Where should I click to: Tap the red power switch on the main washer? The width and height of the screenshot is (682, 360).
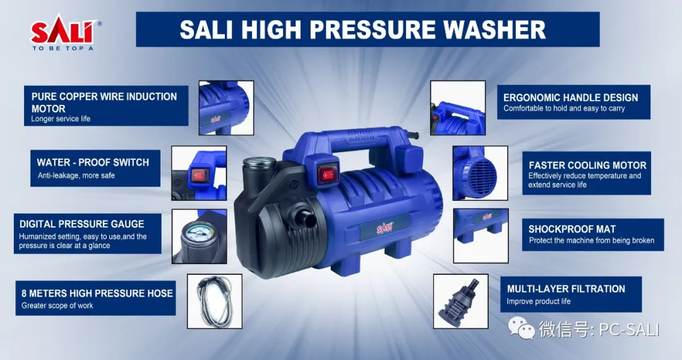[328, 175]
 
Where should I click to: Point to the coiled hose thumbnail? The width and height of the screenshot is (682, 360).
[215, 301]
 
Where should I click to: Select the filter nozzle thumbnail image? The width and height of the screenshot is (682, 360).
[460, 301]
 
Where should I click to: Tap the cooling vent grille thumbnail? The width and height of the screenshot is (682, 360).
[480, 173]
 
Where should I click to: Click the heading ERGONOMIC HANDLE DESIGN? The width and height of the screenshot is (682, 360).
[571, 97]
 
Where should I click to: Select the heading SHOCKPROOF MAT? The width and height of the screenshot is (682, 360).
[572, 229]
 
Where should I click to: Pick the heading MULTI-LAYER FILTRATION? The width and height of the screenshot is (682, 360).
[566, 289]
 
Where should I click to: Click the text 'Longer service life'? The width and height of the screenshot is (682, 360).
[61, 119]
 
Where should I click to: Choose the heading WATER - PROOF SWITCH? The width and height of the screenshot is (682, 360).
[93, 162]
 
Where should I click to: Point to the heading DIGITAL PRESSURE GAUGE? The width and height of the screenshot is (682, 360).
[81, 224]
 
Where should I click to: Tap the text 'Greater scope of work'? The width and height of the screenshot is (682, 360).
[57, 305]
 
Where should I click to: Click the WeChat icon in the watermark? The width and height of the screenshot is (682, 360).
[521, 328]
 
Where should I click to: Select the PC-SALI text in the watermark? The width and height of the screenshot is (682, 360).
[629, 329]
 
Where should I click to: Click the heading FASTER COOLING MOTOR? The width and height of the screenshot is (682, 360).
[588, 165]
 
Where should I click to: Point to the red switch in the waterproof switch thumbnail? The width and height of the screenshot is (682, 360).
[200, 175]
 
